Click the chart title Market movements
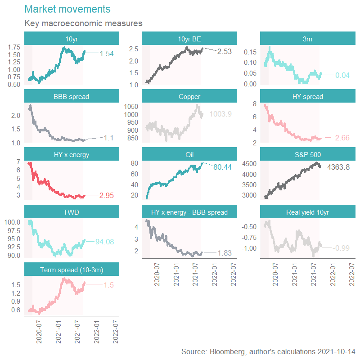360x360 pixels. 67,9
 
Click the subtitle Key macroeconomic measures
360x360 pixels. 83,23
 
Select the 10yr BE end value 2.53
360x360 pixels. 224,51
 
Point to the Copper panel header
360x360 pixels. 189,96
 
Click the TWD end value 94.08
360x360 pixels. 104,242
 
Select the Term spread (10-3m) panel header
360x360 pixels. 72,270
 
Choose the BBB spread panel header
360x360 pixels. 72,96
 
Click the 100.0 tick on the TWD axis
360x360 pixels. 13,222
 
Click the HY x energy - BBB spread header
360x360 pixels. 189,212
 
